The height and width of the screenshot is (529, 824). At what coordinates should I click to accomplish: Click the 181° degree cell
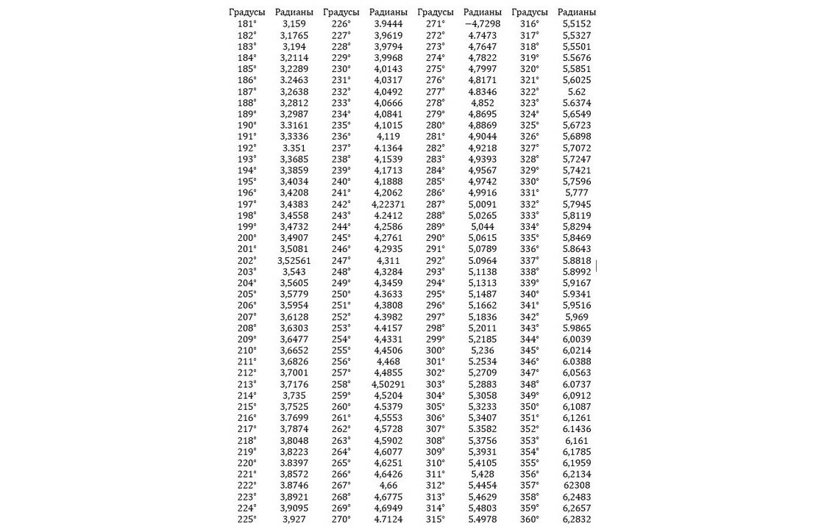(246, 24)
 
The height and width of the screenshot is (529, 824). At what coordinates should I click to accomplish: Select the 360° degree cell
(530, 519)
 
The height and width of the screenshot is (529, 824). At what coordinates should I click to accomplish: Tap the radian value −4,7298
(483, 24)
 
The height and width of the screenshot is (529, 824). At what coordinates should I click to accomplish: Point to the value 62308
(577, 486)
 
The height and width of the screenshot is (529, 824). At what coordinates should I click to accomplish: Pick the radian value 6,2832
(577, 519)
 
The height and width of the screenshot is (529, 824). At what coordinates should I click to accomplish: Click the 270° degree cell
(341, 519)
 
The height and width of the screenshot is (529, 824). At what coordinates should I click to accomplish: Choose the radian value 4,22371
(388, 204)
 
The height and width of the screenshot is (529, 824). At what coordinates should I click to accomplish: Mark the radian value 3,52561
(294, 260)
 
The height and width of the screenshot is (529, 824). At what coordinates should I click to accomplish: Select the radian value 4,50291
(388, 384)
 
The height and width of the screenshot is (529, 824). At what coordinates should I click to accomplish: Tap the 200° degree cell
(246, 238)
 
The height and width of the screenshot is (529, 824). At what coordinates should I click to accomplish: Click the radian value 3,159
(294, 24)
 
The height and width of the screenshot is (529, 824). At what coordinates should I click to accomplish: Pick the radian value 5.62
(577, 92)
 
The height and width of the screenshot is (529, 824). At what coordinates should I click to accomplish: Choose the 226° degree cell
(341, 24)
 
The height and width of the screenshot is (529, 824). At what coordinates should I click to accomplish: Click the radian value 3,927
(294, 519)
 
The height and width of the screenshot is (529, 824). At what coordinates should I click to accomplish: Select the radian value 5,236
(483, 350)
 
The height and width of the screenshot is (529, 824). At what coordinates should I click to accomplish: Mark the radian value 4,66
(388, 486)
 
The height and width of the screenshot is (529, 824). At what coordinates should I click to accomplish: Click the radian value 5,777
(577, 193)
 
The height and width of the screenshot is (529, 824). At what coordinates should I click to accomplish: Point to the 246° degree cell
(341, 249)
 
